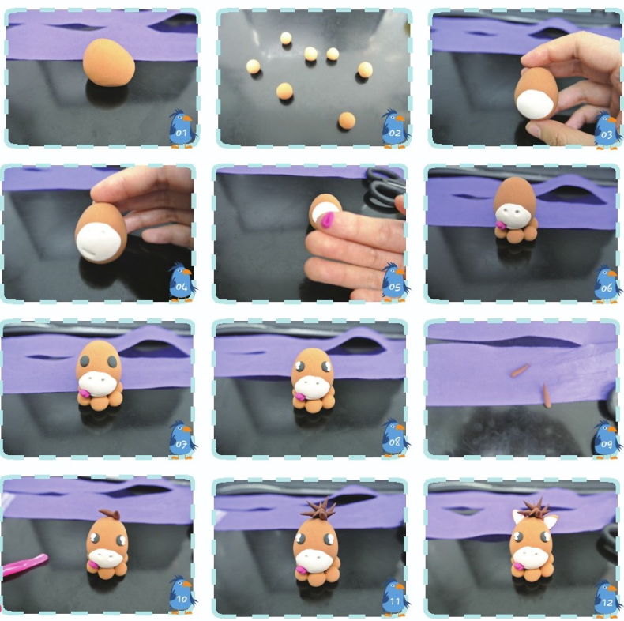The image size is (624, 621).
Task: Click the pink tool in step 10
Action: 24,566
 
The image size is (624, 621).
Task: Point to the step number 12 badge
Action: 607,603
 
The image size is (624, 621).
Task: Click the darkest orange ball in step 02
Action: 346,120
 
